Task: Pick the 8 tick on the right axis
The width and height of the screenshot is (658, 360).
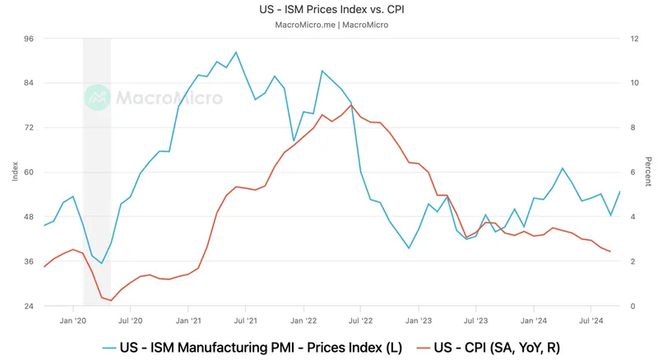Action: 633,127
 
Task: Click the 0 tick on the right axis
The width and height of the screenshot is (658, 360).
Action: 633,306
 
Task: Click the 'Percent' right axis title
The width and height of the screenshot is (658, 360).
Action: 648,172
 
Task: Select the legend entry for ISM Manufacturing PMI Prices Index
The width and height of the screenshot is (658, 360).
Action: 255,347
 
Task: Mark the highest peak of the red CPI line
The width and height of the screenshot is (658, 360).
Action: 352,105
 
